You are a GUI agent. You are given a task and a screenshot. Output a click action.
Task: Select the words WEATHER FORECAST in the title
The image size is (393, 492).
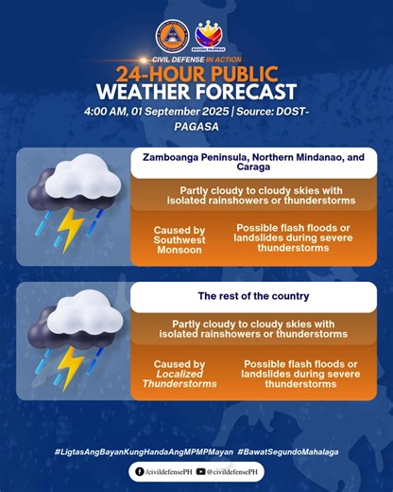point(196,93)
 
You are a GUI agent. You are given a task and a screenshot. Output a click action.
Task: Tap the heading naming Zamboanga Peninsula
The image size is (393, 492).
point(253,163)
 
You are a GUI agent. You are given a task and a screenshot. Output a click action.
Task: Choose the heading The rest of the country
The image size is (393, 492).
point(253,296)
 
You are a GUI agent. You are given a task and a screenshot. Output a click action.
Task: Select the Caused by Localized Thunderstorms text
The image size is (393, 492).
point(179,375)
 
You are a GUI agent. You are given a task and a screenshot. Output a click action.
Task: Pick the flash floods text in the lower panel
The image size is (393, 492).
point(300,375)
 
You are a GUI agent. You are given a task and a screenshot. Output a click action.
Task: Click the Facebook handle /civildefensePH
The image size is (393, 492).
point(164,471)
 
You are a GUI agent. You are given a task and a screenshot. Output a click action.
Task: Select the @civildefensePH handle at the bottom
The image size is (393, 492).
point(228,471)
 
